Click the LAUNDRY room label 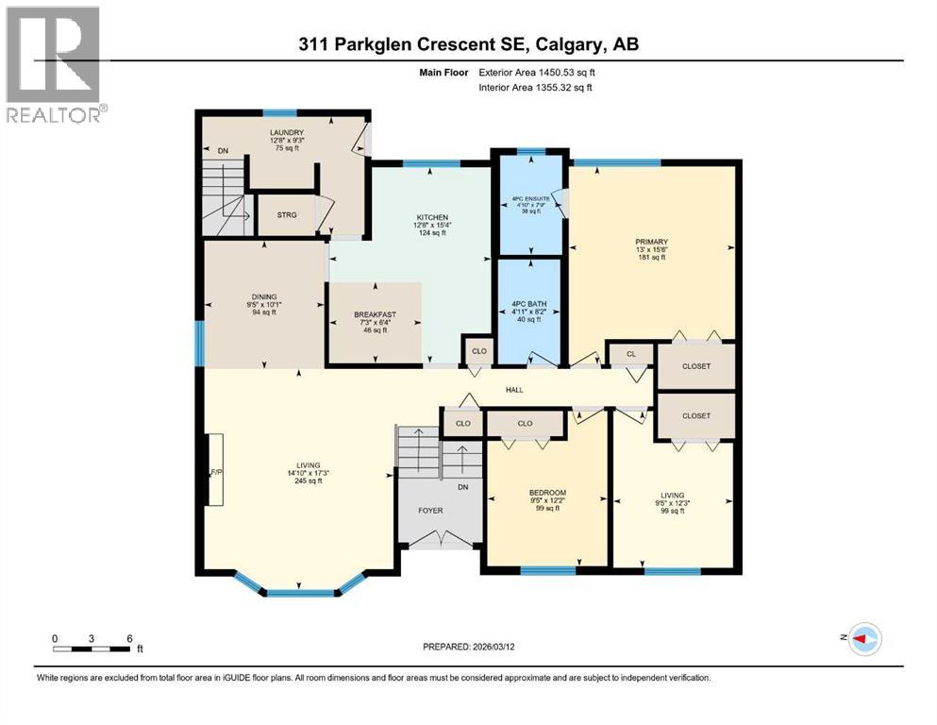pos(286,132)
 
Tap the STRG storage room pos(287,215)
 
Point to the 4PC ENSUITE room pos(530,199)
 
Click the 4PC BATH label pos(529,304)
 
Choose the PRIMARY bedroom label pos(651,242)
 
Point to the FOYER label pos(430,511)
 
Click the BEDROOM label pos(547,493)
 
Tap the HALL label pos(514,390)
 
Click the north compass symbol pos(864,639)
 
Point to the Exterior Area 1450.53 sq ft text pos(537,71)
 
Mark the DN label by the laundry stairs pos(223,150)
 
